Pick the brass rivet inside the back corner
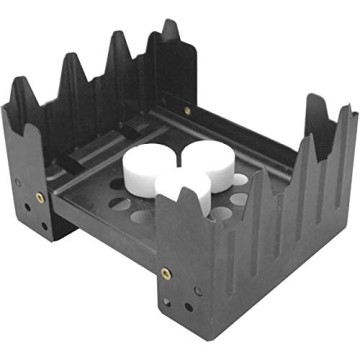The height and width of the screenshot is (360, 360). coord(186,110)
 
